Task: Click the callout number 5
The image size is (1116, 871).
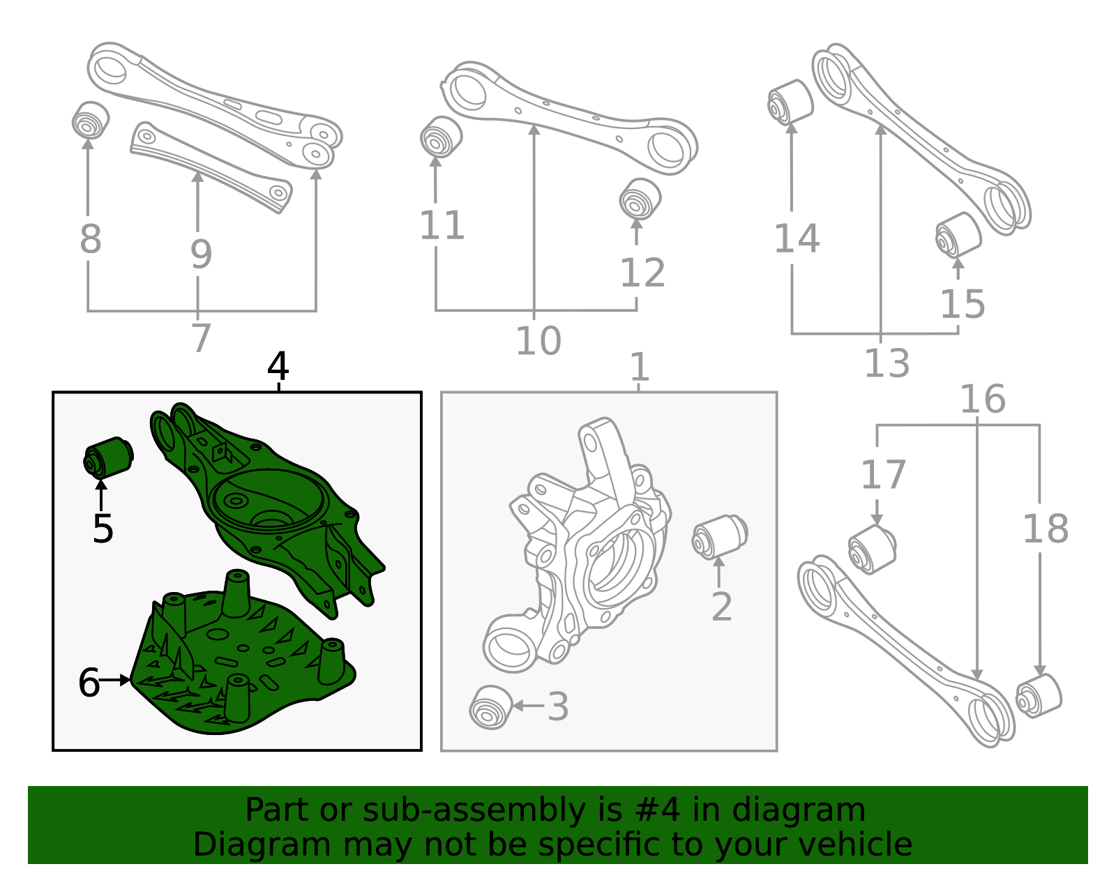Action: pyautogui.click(x=103, y=528)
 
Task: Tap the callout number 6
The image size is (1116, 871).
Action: pyautogui.click(x=89, y=682)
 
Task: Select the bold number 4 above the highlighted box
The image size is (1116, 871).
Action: pyautogui.click(x=278, y=365)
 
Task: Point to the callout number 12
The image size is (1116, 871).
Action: pyautogui.click(x=643, y=272)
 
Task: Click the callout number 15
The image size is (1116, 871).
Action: pyautogui.click(x=963, y=304)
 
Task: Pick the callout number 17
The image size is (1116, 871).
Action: pyautogui.click(x=883, y=475)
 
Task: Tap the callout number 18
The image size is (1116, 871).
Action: pyautogui.click(x=1046, y=529)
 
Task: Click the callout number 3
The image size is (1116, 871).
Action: pyautogui.click(x=558, y=706)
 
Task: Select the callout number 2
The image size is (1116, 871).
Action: pyautogui.click(x=722, y=607)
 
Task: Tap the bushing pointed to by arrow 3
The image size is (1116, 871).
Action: pyautogui.click(x=491, y=706)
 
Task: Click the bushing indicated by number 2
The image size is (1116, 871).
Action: pyautogui.click(x=720, y=537)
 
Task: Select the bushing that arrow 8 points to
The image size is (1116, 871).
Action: pyautogui.click(x=91, y=120)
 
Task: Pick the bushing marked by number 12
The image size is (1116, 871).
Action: pyautogui.click(x=640, y=199)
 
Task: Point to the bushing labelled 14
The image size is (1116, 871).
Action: pyautogui.click(x=790, y=102)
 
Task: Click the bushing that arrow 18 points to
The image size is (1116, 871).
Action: pyautogui.click(x=1039, y=697)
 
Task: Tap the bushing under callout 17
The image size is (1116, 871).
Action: pyautogui.click(x=872, y=550)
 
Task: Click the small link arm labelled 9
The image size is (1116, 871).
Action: pyautogui.click(x=211, y=167)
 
